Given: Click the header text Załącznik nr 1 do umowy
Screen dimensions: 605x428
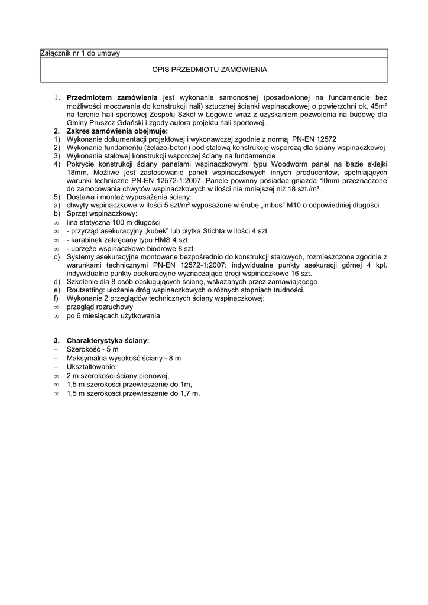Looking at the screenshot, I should (x=80, y=53).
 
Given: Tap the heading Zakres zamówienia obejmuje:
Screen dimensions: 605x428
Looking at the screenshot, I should (x=117, y=131).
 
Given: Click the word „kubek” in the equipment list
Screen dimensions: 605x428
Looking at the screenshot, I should (x=155, y=231).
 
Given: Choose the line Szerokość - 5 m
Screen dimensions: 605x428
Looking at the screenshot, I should (x=92, y=350).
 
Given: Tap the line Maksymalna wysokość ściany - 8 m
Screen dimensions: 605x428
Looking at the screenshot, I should (x=124, y=359).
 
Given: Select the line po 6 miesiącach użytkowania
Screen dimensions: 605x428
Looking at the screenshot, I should (x=113, y=316).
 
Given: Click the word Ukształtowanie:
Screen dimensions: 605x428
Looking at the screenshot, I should (x=92, y=367).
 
